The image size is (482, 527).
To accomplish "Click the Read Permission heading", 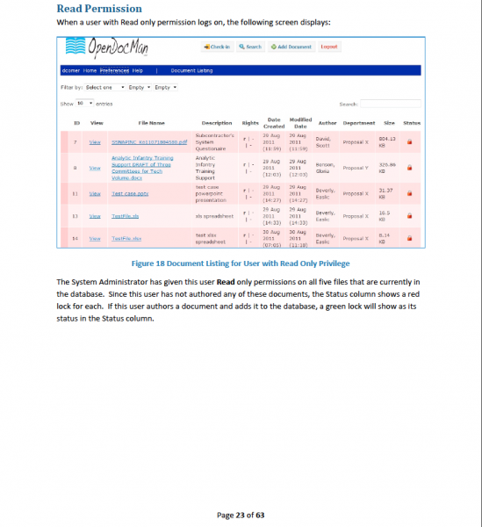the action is tap(99, 9).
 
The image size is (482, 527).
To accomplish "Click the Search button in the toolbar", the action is tap(249, 47).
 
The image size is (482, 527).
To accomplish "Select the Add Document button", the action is tap(291, 47).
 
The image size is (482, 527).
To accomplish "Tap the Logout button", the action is tap(329, 47).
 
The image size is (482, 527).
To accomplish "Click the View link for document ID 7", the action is tap(95, 141).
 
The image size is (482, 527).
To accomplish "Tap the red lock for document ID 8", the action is tap(409, 167).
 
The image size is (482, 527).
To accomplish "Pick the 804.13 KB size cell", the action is tap(387, 141).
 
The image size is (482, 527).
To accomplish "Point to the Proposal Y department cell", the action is tap(358, 167).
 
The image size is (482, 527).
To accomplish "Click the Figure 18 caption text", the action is tap(240, 263).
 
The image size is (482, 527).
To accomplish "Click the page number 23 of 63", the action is tap(241, 515).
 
